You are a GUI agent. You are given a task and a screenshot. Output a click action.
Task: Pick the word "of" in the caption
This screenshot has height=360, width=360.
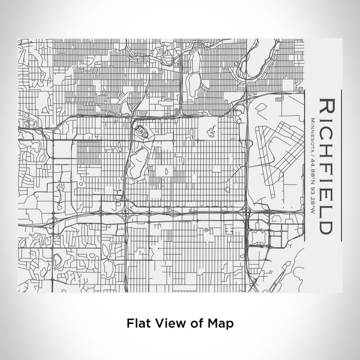click(194, 323)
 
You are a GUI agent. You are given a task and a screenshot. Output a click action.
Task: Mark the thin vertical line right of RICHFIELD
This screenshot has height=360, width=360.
click(341, 165)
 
